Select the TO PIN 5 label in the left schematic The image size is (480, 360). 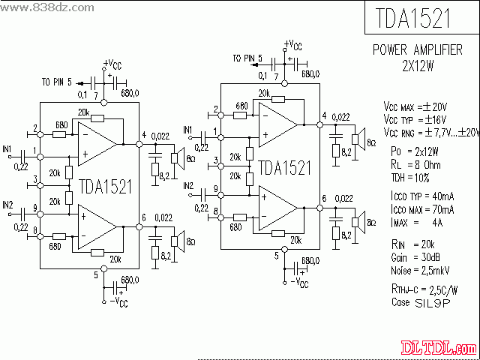(x=57, y=82)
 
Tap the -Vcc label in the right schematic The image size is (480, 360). (x=298, y=283)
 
